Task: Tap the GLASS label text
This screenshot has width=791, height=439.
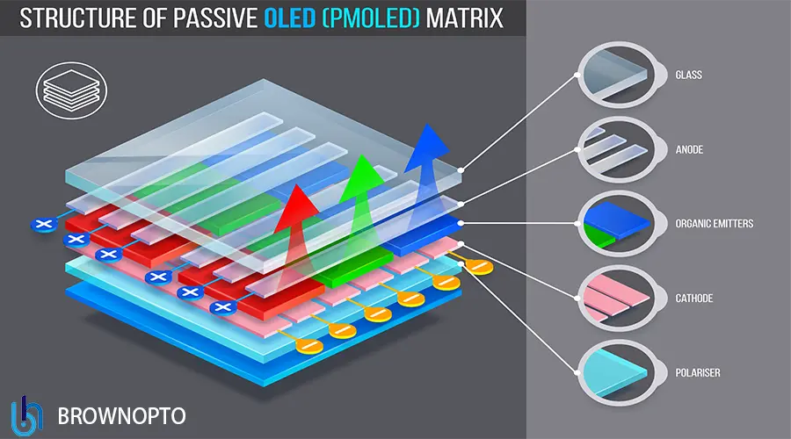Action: click(x=689, y=76)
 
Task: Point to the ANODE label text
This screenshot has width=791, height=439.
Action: click(x=690, y=150)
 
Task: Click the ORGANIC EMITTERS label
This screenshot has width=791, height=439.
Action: click(x=715, y=224)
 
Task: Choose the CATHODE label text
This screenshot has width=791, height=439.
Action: click(x=694, y=299)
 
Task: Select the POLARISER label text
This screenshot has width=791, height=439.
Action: click(x=699, y=373)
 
